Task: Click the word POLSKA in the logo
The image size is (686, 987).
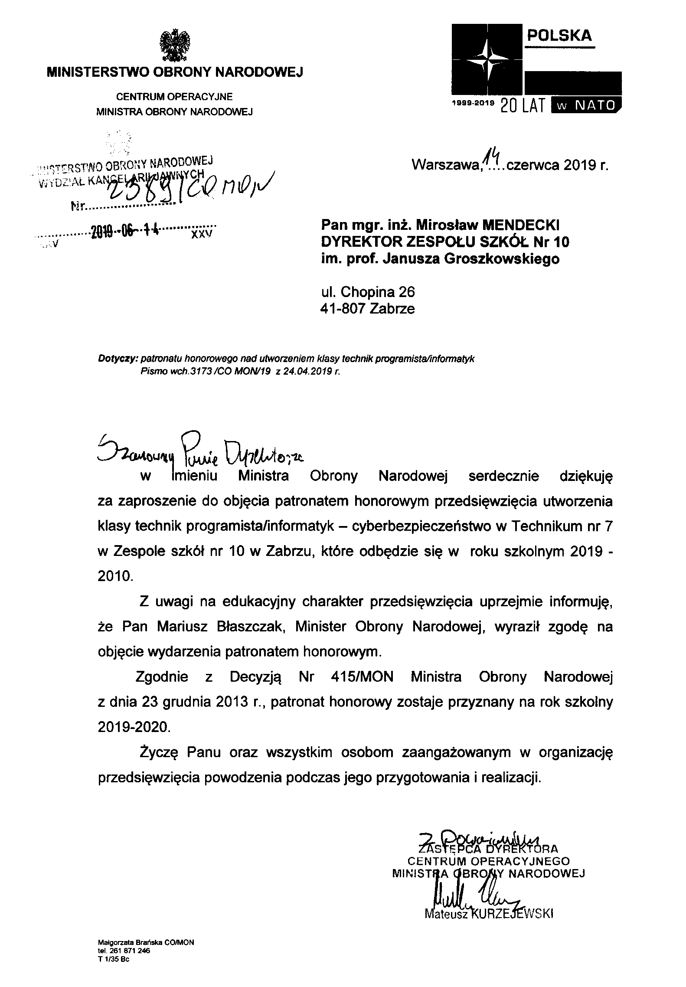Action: tap(559, 36)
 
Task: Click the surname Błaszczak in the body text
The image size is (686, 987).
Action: tap(248, 627)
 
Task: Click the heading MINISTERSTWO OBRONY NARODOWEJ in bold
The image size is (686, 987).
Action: tap(175, 72)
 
